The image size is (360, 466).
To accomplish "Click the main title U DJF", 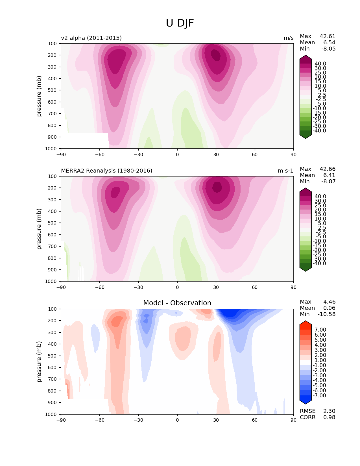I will [180, 23].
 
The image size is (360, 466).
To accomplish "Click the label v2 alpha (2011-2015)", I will [91, 38].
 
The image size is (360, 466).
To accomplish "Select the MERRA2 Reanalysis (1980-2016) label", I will [106, 171].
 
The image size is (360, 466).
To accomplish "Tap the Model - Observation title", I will [177, 303].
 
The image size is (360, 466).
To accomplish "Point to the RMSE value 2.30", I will [329, 411].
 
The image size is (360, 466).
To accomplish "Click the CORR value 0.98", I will [329, 417].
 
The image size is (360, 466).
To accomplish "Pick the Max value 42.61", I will [328, 36].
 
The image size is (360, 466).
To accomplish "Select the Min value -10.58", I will [326, 314].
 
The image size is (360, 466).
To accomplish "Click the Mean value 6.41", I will [329, 175].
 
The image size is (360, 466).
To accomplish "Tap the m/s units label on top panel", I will [289, 38].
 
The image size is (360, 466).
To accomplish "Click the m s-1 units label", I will [285, 171].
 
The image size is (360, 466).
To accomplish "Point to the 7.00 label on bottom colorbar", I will [320, 330].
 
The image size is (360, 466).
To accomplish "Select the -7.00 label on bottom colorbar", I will [319, 396].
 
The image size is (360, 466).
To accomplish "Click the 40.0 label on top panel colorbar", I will [320, 64].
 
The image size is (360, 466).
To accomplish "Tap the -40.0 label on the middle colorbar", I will [319, 264].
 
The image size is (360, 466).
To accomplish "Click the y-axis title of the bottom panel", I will [39, 362].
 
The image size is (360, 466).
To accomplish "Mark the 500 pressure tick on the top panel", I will [53, 90].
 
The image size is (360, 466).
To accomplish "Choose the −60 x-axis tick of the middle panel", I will [100, 288].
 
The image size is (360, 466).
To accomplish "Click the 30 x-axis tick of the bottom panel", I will [216, 420].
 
